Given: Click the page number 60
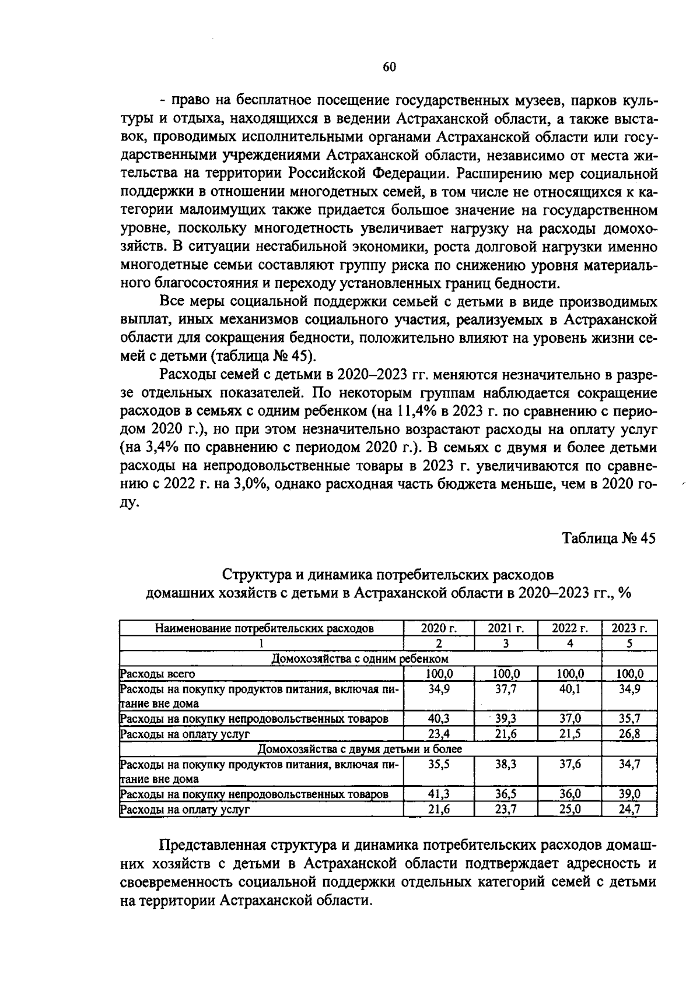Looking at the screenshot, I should tap(389, 67).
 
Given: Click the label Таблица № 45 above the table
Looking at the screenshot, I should tap(609, 538).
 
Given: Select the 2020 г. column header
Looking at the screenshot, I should tap(439, 628).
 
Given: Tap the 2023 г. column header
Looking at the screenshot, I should tap(629, 628).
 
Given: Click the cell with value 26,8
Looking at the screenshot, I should tap(629, 734).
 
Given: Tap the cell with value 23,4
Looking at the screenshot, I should tap(439, 734).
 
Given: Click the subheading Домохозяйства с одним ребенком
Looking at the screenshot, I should tap(360, 659).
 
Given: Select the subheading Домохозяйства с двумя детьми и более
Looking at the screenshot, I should tap(360, 748).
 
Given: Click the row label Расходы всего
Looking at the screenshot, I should tap(157, 674).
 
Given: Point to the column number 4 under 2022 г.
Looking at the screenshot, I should tap(570, 643).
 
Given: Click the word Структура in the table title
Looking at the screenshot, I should tap(254, 574).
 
